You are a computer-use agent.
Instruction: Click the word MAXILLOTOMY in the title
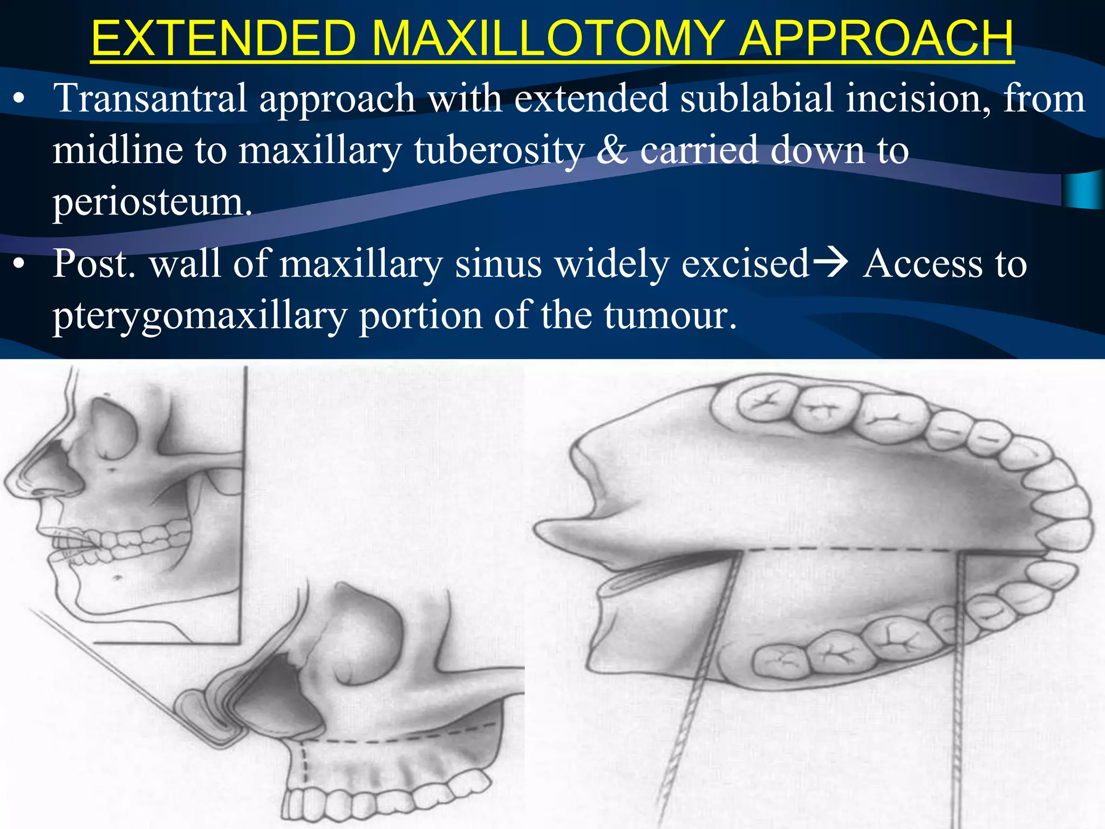[x=547, y=38]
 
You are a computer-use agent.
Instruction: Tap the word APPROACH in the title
[x=876, y=38]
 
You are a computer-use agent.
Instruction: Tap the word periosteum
[x=152, y=202]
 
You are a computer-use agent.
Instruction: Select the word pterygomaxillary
[x=200, y=315]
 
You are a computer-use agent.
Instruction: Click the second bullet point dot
[x=19, y=264]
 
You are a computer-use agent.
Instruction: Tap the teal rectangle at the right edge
[x=1083, y=190]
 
